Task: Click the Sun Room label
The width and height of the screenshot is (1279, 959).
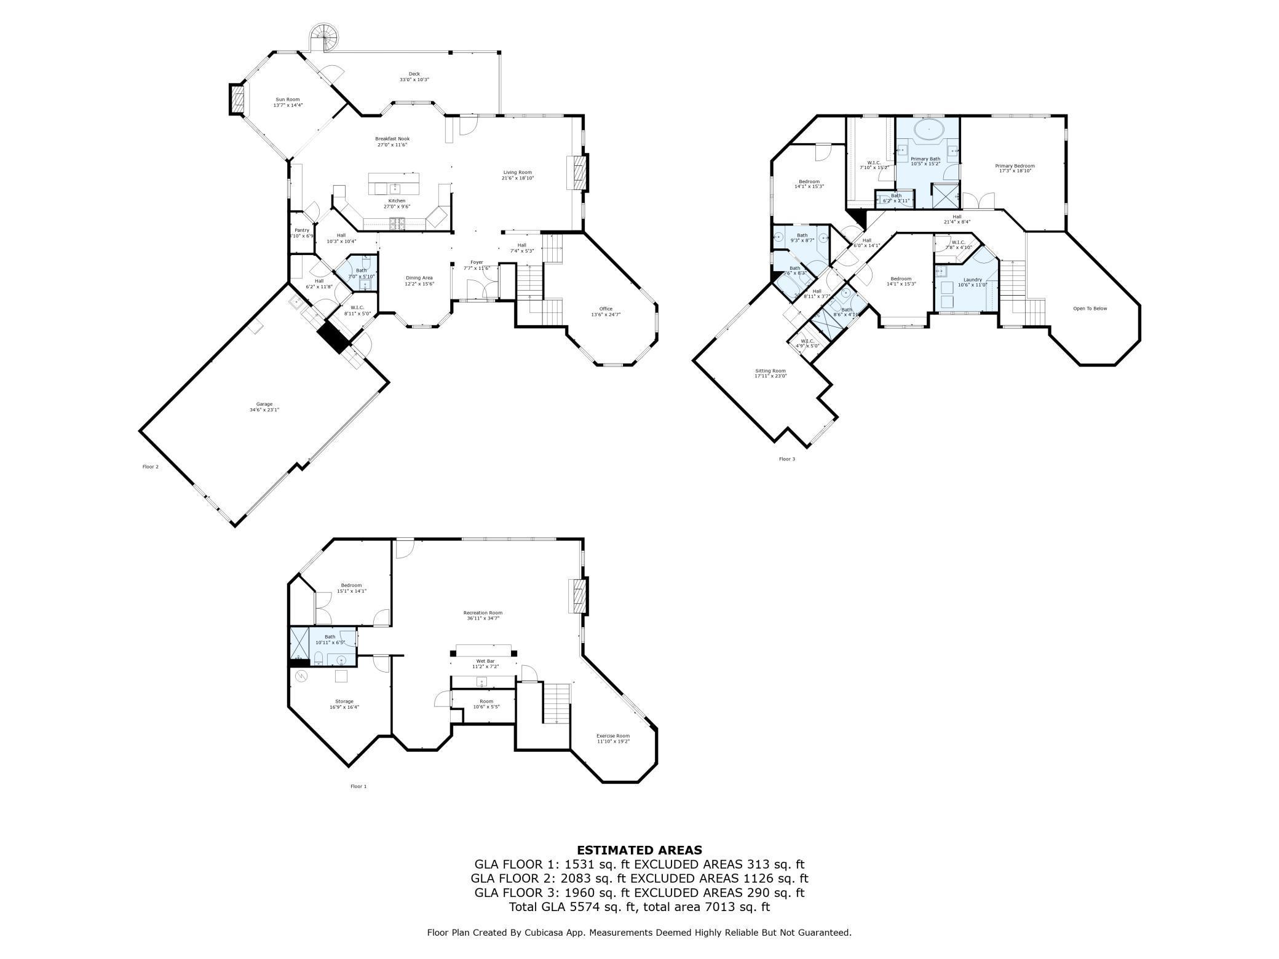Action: (x=288, y=100)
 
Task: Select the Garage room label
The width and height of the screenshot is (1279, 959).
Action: (x=264, y=404)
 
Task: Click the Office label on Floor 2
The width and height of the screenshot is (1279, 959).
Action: (x=606, y=309)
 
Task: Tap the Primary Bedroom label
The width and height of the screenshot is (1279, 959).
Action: (x=1015, y=166)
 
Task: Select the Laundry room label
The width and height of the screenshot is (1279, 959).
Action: (x=972, y=280)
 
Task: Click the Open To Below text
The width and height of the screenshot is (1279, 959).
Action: (x=1090, y=309)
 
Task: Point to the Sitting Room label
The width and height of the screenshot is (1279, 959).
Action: (x=770, y=371)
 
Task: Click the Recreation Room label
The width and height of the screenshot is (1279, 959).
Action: (x=483, y=612)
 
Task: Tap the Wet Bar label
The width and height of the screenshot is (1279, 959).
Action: (x=485, y=661)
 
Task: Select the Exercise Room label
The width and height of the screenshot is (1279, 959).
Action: (x=613, y=736)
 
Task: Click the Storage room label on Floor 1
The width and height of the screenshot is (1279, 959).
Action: (x=344, y=701)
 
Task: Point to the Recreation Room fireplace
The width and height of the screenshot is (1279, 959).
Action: (x=577, y=596)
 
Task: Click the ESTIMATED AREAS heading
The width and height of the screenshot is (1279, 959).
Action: (x=639, y=850)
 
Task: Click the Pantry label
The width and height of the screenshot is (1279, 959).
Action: (x=301, y=231)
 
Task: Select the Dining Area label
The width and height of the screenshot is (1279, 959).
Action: (x=419, y=278)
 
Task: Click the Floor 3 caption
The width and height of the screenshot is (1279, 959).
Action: (x=786, y=459)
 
